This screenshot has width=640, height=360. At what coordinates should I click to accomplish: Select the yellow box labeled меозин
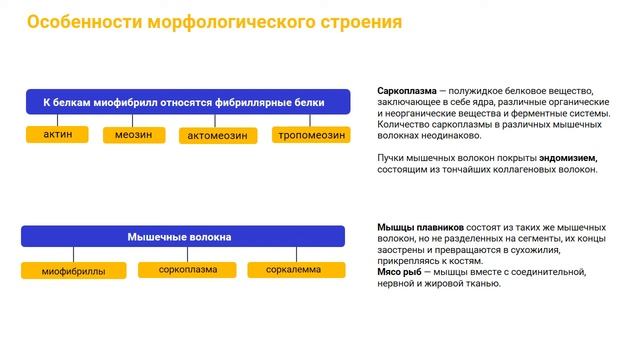133,134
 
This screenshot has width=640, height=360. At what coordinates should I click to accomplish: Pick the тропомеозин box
311,134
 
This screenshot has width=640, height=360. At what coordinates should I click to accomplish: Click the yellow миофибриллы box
73,270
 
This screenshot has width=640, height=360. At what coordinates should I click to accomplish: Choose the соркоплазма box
187,270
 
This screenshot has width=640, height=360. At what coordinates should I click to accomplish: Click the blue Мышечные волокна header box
183,237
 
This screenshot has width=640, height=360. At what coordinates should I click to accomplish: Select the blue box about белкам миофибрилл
187,101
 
